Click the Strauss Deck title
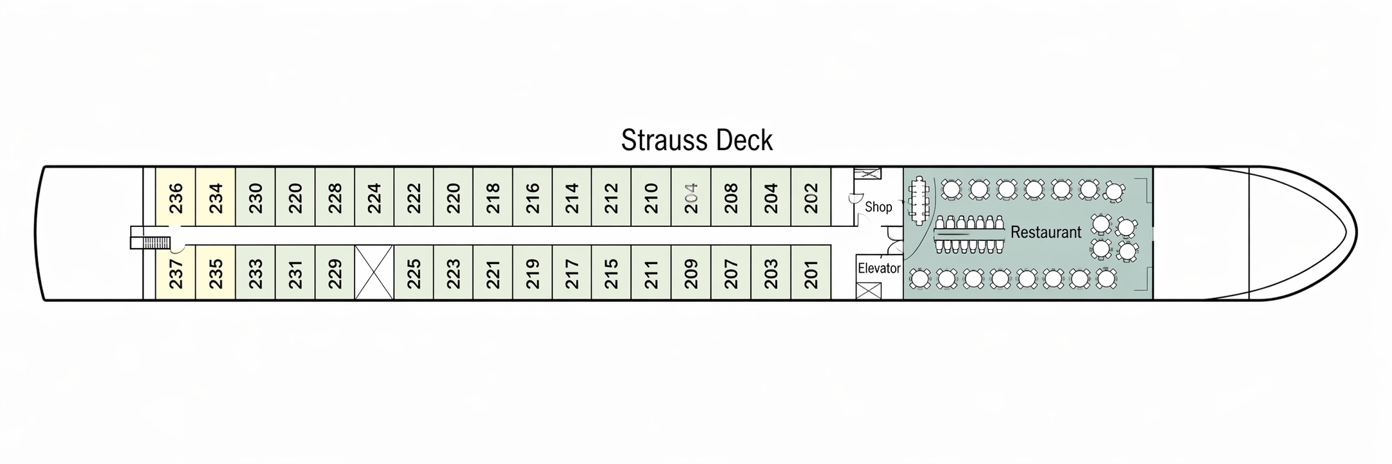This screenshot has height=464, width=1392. [696, 140]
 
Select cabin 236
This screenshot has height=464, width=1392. [176, 197]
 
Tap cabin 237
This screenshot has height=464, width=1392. [176, 273]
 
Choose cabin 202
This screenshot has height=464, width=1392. [811, 197]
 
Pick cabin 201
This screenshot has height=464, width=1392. [811, 273]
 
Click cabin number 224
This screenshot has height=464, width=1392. [374, 197]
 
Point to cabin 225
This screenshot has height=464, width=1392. [414, 273]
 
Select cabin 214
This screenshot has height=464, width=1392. [572, 197]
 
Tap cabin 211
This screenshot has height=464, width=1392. [651, 273]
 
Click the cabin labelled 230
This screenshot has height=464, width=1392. [255, 197]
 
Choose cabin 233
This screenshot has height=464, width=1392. [255, 273]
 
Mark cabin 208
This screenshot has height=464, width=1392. [730, 197]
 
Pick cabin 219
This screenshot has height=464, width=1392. [532, 273]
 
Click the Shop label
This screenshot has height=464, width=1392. [878, 207]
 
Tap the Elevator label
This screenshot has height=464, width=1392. [879, 269]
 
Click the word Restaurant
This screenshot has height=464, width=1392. [1046, 232]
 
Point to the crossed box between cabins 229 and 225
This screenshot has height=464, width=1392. [374, 273]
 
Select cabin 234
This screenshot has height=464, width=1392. [215, 197]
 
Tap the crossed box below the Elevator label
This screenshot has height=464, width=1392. [869, 291]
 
